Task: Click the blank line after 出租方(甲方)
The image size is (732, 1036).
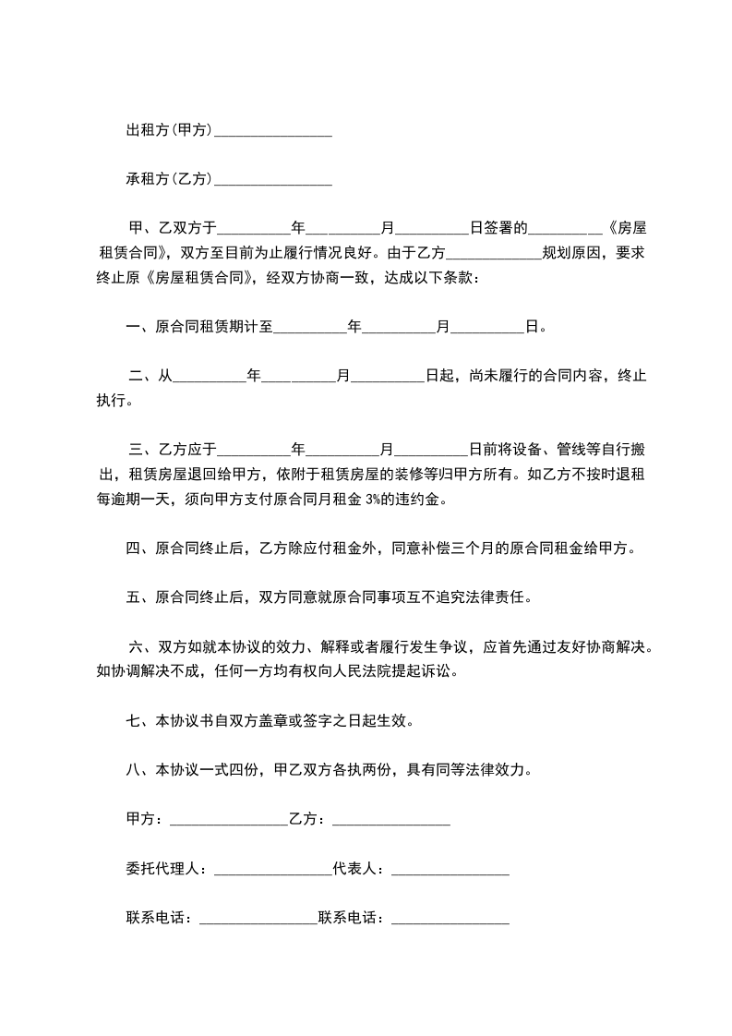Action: point(272,132)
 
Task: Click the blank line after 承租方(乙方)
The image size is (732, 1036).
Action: point(272,180)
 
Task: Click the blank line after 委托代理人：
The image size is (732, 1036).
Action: point(271,870)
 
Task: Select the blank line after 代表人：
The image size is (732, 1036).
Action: point(450,870)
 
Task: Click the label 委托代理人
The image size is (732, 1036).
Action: point(162,869)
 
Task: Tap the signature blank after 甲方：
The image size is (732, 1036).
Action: point(227,820)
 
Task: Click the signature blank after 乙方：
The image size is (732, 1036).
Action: point(390,820)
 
